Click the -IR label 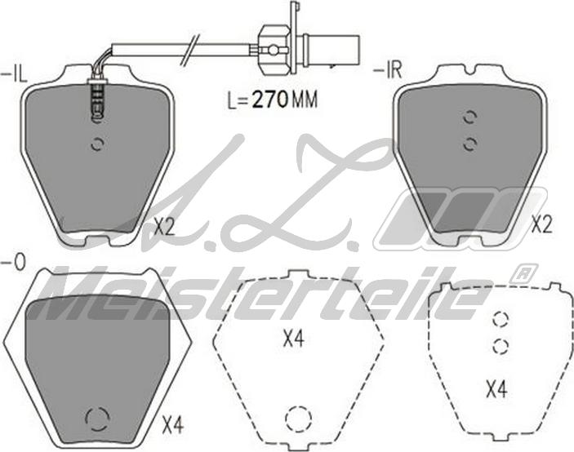pyautogui.click(x=388, y=69)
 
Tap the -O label pyautogui.click(x=14, y=263)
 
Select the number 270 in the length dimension pyautogui.click(x=269, y=100)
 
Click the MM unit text pyautogui.click(x=304, y=100)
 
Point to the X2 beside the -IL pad pyautogui.click(x=164, y=227)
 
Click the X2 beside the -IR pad pyautogui.click(x=541, y=225)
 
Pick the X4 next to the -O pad pyautogui.click(x=172, y=426)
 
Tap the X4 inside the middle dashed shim pyautogui.click(x=294, y=339)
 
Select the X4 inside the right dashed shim pyautogui.click(x=496, y=389)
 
